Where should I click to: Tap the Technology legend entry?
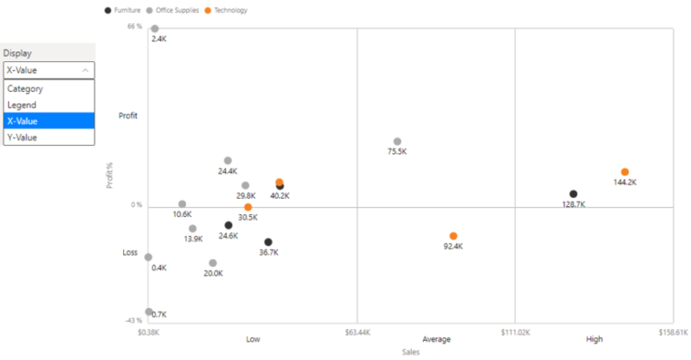(x=226, y=11)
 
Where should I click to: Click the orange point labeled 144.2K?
(x=624, y=172)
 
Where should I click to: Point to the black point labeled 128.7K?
(x=573, y=194)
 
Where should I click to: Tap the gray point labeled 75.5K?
(x=397, y=142)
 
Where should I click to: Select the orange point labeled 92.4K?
(x=453, y=236)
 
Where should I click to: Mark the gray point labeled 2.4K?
(x=155, y=29)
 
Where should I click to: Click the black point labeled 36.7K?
(x=268, y=242)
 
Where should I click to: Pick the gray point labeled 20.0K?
(x=213, y=264)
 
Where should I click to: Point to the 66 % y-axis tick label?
(x=134, y=27)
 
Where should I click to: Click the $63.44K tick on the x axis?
(x=356, y=332)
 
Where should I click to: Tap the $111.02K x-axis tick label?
(x=514, y=332)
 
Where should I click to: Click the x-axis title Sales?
(x=410, y=352)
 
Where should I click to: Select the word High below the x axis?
(x=594, y=339)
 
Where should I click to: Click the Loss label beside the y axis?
(x=130, y=253)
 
